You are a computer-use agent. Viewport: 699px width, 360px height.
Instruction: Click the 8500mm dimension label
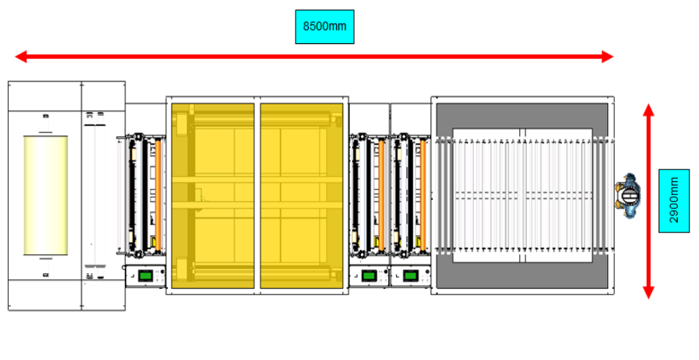[324, 26]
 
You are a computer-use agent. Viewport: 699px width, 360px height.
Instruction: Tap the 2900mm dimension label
[673, 200]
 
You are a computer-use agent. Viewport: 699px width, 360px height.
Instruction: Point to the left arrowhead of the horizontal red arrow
[21, 56]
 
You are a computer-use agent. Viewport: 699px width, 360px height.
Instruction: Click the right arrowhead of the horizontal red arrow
[607, 56]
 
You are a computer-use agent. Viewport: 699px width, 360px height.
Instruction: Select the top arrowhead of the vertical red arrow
[648, 110]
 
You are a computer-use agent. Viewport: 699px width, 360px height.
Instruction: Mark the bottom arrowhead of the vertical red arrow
[648, 293]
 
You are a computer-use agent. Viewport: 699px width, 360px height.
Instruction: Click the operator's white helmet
[630, 196]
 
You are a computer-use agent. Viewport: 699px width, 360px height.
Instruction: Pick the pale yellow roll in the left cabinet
[45, 196]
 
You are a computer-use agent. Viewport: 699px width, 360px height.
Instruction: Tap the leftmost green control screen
[145, 276]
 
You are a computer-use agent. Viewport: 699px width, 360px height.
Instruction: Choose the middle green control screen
[369, 276]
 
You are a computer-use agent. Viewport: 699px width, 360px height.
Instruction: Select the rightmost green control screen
[410, 276]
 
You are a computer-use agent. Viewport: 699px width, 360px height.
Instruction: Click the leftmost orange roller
[158, 196]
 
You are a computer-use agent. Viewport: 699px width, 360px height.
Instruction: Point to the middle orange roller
[381, 196]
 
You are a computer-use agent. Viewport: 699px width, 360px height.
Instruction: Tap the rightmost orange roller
[422, 196]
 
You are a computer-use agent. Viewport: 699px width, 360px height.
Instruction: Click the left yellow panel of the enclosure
[213, 196]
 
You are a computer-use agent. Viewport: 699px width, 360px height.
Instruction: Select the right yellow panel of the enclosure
[301, 196]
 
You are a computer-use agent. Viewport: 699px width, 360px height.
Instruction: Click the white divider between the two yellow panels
[257, 196]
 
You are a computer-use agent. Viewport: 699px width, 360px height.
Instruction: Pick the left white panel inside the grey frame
[487, 196]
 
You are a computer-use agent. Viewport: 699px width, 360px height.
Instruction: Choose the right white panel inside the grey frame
[559, 196]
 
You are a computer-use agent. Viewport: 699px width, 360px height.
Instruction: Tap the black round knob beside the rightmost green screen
[427, 271]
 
